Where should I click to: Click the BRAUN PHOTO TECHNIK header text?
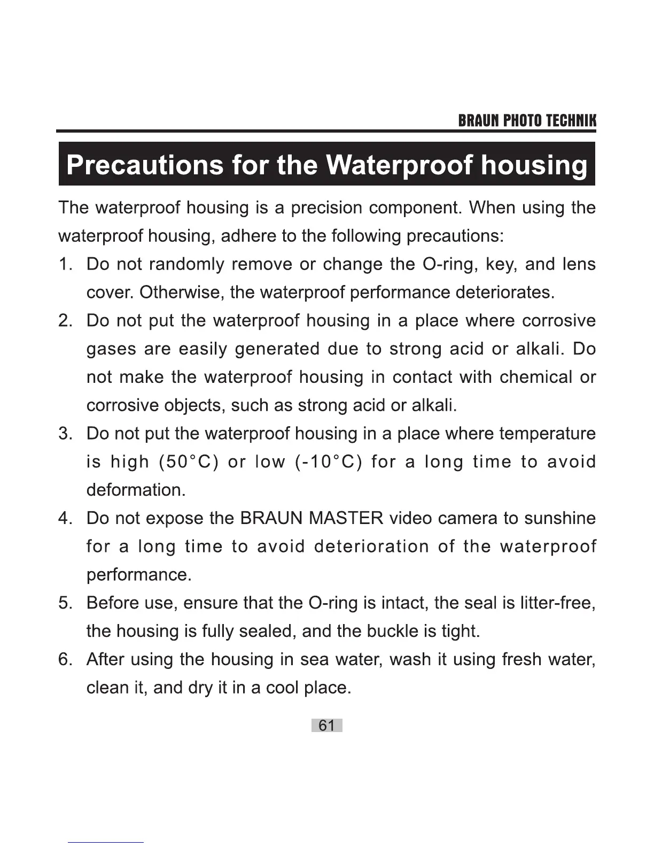click(527, 121)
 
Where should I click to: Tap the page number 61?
click(326, 725)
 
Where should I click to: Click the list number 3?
click(65, 433)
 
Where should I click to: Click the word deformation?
click(136, 490)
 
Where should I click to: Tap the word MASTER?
click(346, 518)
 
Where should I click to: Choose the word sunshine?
click(559, 518)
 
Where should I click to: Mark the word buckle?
click(393, 632)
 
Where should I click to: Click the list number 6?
click(65, 659)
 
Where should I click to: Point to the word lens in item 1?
click(579, 264)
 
